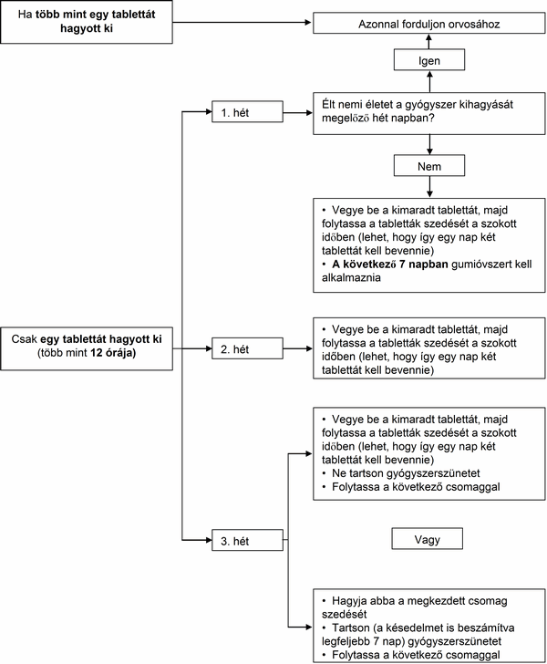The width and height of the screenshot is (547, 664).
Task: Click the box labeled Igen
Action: coord(428,59)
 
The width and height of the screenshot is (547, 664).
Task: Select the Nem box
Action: coord(428,166)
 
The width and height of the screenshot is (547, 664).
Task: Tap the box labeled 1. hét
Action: coord(247,112)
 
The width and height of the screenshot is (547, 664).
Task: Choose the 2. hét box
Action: coord(247,348)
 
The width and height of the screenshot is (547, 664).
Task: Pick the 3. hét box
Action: coord(247,540)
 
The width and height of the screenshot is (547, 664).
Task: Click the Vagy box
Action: coord(428,539)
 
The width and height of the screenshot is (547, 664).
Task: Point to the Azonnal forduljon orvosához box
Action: coord(428,23)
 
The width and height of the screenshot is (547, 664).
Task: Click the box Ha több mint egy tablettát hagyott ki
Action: coord(87,22)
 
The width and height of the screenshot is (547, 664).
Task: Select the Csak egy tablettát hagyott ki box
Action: coord(87,348)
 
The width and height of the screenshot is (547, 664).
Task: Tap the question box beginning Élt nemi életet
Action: coord(428,113)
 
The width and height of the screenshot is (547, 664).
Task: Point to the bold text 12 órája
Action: coord(113,352)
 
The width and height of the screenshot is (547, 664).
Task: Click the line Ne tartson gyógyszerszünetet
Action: coord(406,473)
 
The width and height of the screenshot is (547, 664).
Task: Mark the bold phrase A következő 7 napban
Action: coord(390,265)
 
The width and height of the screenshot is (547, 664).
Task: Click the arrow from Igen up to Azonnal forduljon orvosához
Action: coord(429,42)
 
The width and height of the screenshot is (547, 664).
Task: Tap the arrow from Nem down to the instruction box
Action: coord(429,187)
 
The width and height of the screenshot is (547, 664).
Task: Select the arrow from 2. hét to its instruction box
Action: coord(298,348)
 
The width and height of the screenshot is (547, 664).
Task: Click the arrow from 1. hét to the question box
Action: coord(298,113)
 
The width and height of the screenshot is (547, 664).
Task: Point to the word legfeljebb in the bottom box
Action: coord(343,641)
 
